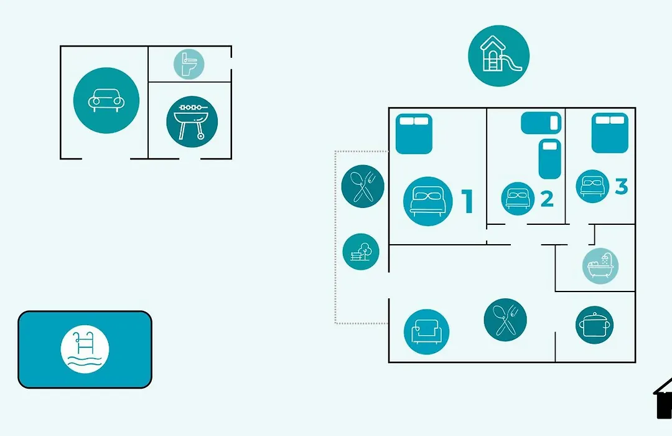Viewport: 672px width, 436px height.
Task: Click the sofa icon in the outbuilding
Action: coord(106,100)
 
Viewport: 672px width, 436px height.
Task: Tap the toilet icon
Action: coord(188,64)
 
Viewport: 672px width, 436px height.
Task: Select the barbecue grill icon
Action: coord(192,121)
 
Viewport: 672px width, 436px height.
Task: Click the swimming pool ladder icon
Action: coord(85,349)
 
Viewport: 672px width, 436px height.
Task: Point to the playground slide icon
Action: coord(498,55)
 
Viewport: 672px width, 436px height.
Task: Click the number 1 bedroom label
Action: coord(467,201)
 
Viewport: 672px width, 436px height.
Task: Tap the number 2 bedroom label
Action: coord(547,199)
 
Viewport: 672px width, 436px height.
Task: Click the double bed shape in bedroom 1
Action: coord(414,133)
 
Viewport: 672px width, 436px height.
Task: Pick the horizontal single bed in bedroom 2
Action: coord(541,123)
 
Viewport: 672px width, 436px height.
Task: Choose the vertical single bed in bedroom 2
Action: coord(549,158)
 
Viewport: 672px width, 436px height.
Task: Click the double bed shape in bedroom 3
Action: coord(610,133)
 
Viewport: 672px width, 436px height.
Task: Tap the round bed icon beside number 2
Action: coord(518,199)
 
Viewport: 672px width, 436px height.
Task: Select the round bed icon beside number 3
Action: coord(591,186)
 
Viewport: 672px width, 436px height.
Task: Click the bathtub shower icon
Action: coord(600,266)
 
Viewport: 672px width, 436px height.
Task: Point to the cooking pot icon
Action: coord(594,325)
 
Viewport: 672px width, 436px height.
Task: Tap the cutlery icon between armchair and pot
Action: coord(505,320)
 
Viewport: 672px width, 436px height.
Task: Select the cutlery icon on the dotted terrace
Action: coord(363,186)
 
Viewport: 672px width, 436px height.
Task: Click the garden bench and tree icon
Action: coord(361,252)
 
